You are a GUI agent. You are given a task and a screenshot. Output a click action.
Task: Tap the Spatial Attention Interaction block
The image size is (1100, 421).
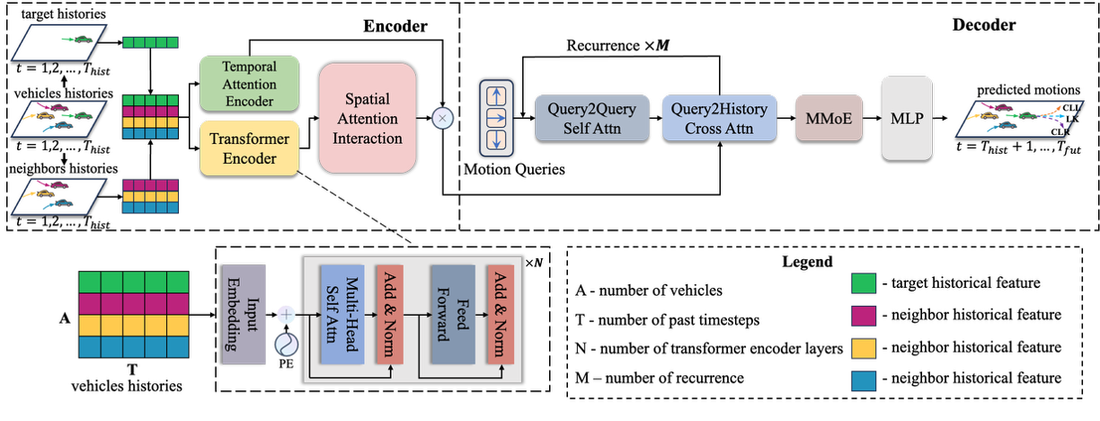(368, 118)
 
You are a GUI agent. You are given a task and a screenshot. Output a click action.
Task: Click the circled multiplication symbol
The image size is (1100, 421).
(441, 118)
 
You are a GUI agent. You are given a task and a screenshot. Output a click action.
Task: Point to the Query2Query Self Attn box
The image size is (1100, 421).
(591, 118)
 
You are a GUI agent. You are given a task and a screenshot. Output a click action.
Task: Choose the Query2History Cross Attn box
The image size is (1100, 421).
(719, 118)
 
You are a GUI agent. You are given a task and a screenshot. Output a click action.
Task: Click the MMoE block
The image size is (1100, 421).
(829, 118)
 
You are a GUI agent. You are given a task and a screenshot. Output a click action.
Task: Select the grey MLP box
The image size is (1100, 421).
(907, 118)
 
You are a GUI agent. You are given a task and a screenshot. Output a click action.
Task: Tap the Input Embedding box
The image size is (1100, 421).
(244, 315)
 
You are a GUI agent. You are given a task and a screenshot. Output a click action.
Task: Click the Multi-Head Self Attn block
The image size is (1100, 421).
(342, 315)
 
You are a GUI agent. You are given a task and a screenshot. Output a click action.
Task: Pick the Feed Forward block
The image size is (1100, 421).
(452, 315)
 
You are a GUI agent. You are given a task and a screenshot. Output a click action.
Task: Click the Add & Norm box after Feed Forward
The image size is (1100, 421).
(500, 315)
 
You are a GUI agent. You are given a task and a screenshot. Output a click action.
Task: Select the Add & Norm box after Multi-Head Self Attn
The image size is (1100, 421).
(389, 315)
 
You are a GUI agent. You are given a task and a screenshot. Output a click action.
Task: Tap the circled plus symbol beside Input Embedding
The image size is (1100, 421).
(286, 315)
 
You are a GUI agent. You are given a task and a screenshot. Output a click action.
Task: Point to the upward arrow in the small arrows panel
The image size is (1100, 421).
(496, 94)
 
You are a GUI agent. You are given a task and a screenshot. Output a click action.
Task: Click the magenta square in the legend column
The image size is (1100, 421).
(864, 316)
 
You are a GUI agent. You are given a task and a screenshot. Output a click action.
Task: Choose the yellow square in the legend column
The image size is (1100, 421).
(864, 348)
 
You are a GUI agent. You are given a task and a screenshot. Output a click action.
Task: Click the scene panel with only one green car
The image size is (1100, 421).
(60, 41)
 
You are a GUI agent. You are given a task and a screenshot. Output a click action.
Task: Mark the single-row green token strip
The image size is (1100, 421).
(150, 41)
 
